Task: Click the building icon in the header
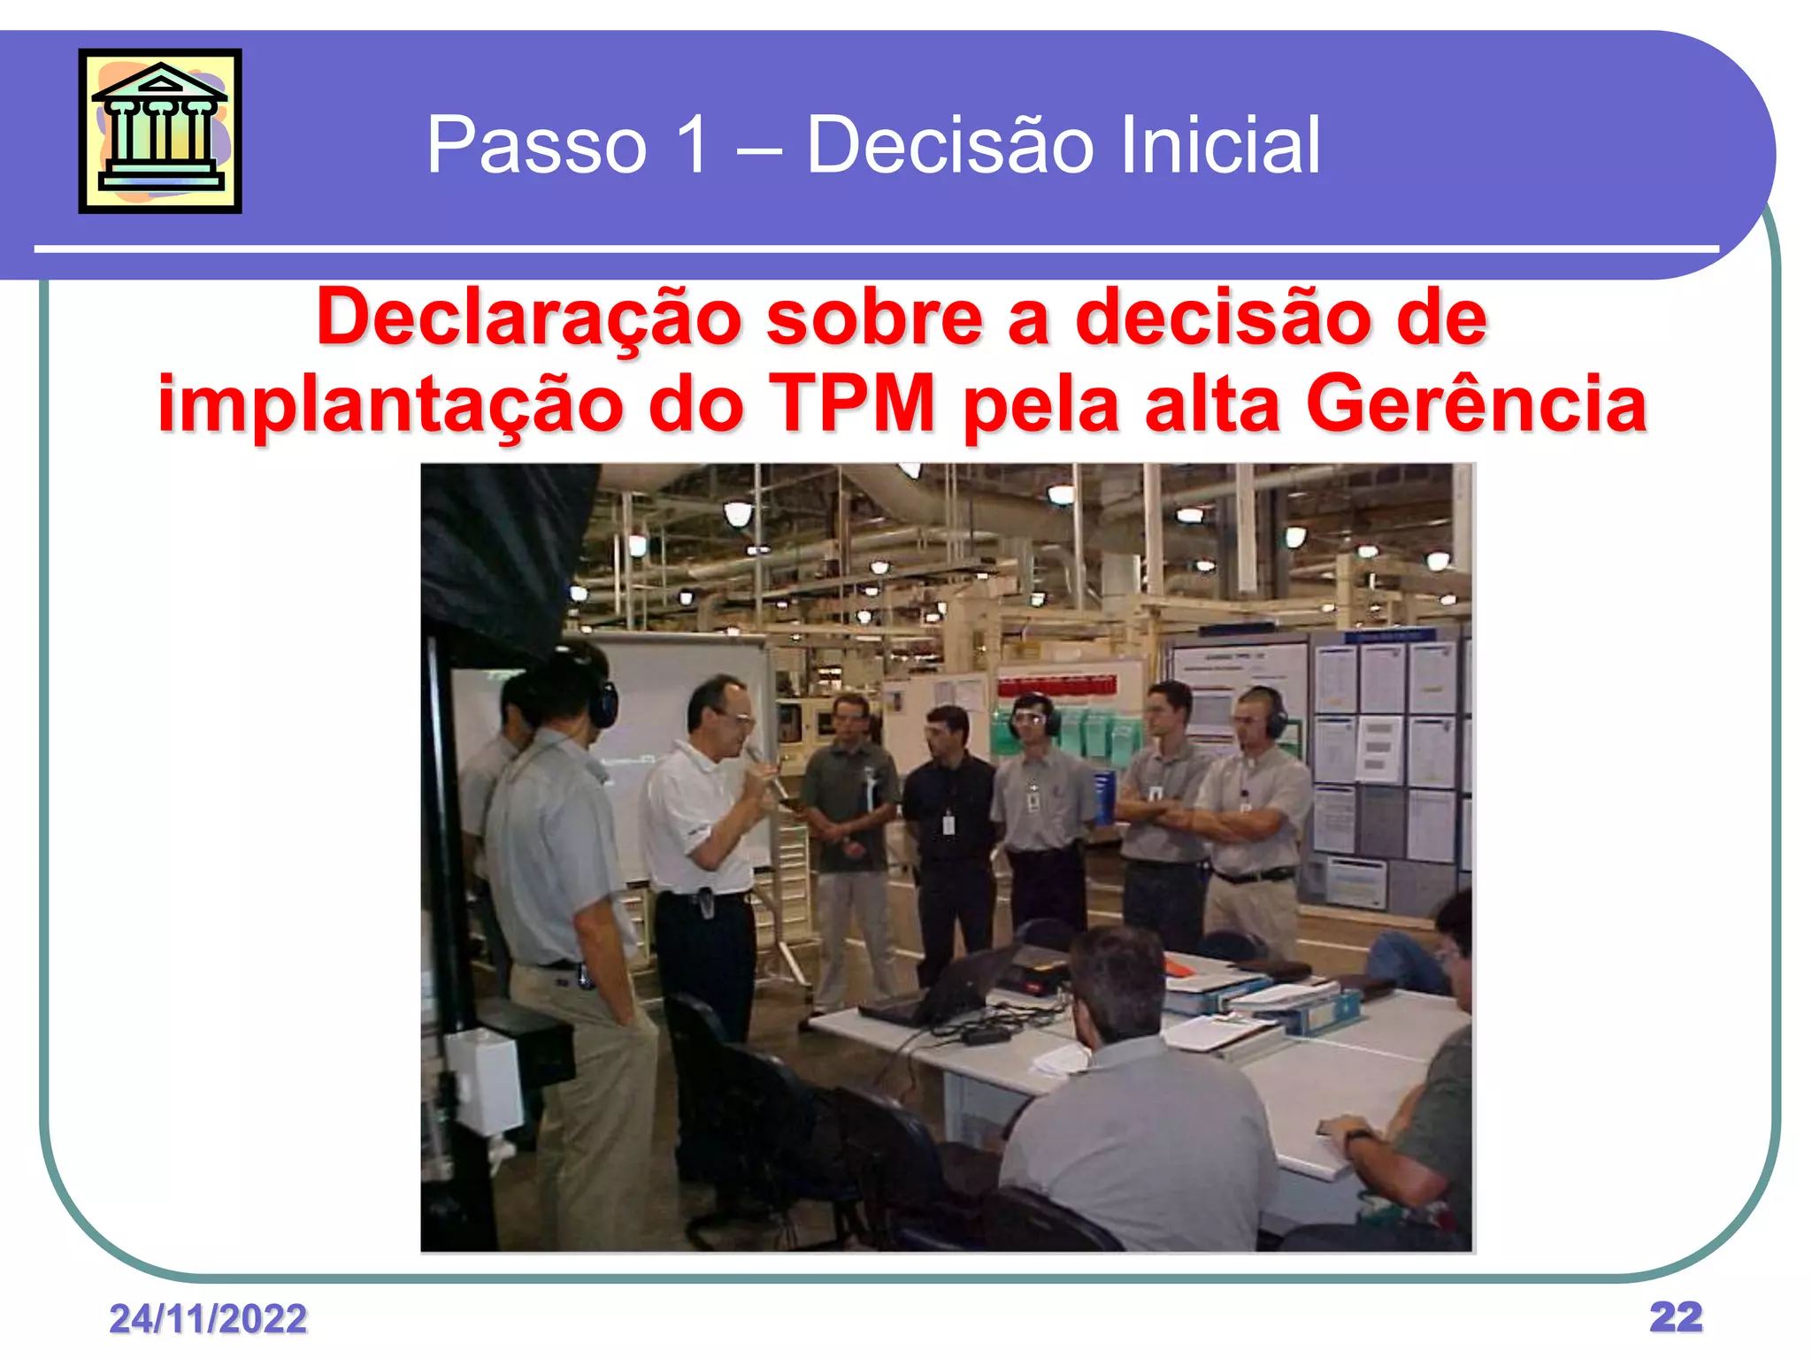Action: pyautogui.click(x=160, y=131)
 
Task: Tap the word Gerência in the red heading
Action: pyautogui.click(x=1476, y=403)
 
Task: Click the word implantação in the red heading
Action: pyautogui.click(x=390, y=405)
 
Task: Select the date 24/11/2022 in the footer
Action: pyautogui.click(x=208, y=1318)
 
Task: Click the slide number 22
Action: pyautogui.click(x=1676, y=1317)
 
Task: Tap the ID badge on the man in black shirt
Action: pyautogui.click(x=948, y=825)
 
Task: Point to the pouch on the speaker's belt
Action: pyautogui.click(x=704, y=902)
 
